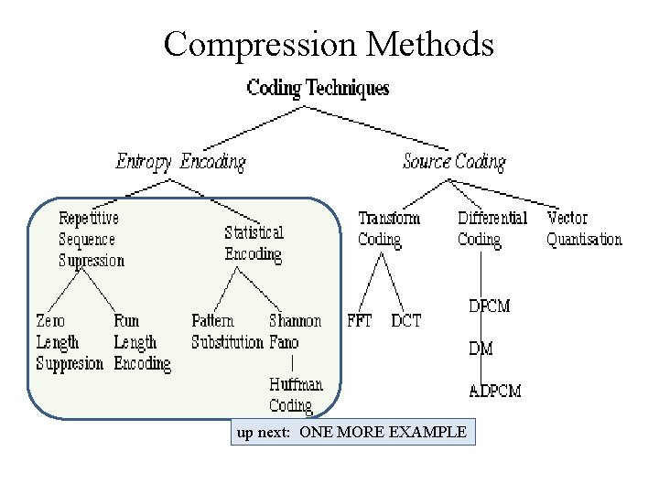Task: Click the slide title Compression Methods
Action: point(329,44)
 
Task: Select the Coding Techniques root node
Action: point(318,89)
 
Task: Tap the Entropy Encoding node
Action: point(180,162)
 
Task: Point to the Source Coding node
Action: point(454,162)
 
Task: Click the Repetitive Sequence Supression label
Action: point(91,240)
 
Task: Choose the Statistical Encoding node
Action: point(254,243)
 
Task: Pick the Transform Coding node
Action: point(388,229)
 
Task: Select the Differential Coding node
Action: point(492,229)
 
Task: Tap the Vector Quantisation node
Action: point(583,229)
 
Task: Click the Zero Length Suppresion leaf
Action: point(69,342)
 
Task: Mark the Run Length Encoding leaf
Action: point(141,342)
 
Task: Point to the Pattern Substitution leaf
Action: point(226,332)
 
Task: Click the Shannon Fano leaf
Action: point(295,332)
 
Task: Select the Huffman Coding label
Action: point(291,395)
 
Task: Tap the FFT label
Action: point(360,321)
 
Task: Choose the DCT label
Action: point(405,321)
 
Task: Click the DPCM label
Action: point(489,306)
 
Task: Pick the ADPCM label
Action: point(494,391)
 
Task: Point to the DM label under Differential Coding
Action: point(481,349)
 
